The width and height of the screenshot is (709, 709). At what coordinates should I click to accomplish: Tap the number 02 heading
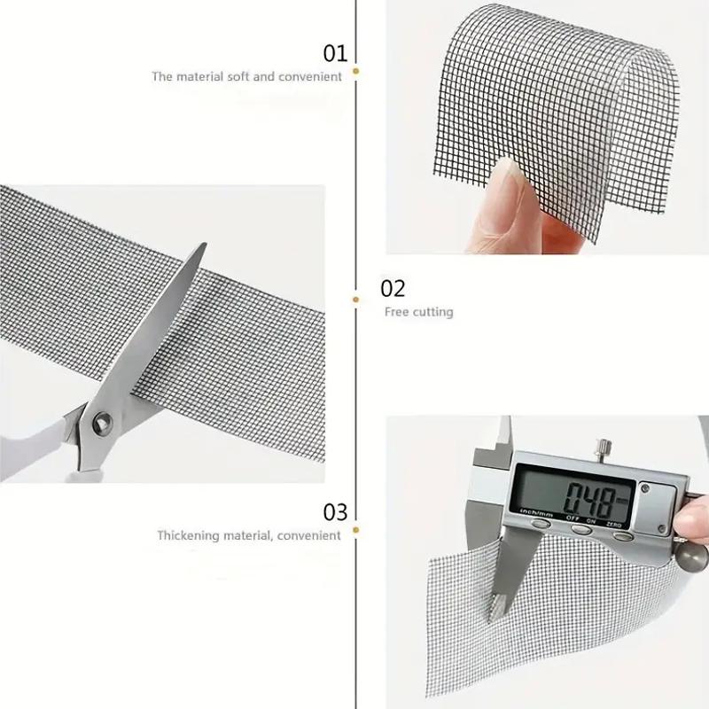tap(393, 288)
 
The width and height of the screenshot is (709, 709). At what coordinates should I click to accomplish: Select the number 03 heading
tap(335, 511)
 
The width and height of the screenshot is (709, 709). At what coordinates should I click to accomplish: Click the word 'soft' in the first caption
tap(238, 77)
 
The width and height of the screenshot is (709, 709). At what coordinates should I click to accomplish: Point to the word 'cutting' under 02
tap(434, 312)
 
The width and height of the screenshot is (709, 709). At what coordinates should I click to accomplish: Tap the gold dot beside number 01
tap(356, 69)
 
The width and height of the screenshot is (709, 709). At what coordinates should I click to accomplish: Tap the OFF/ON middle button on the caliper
tap(581, 529)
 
